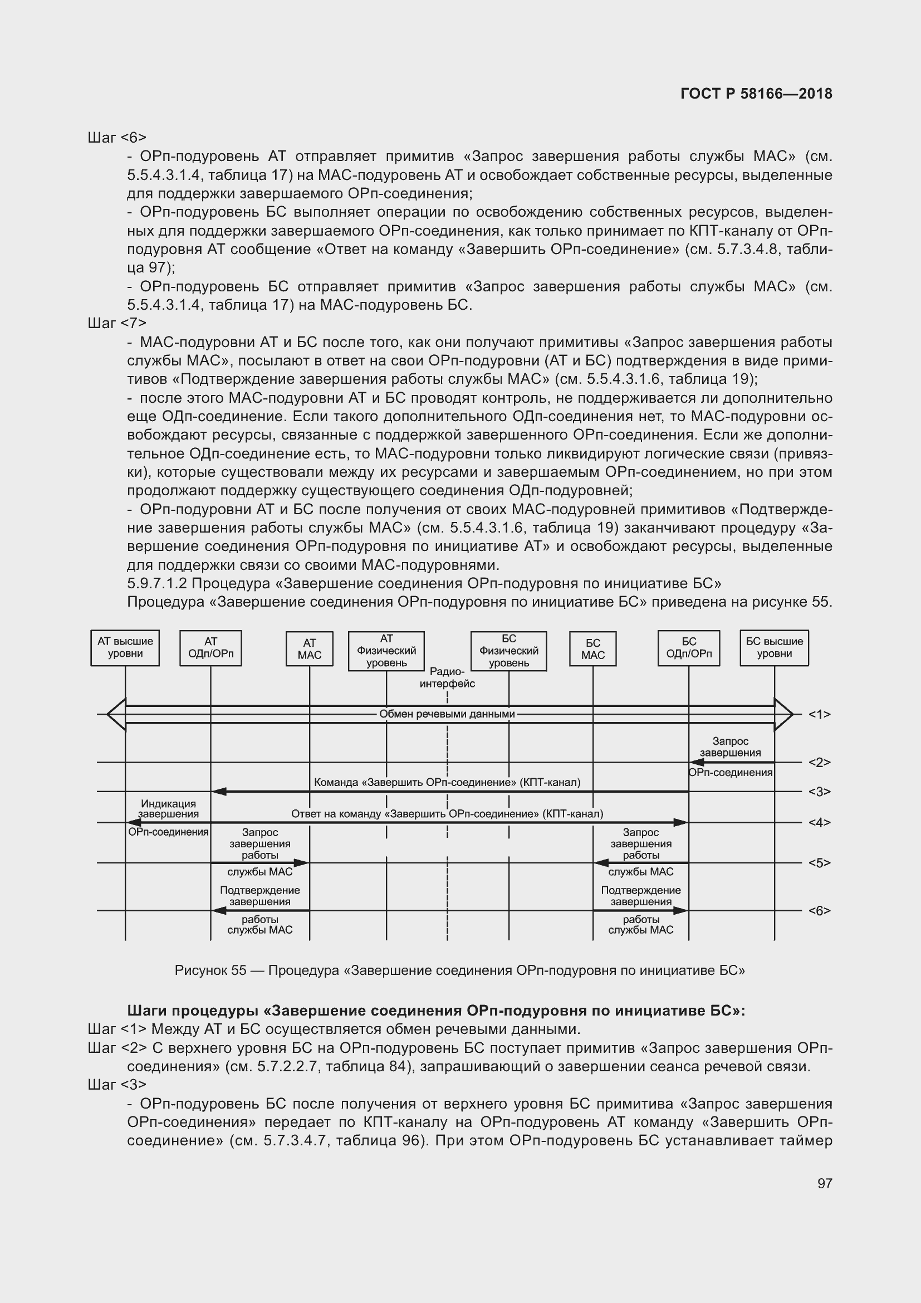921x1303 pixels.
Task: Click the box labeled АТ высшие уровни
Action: point(125,647)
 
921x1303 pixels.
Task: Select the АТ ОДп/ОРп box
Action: point(210,647)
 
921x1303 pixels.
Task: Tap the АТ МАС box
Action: point(309,649)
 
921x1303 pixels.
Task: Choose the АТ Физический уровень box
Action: point(386,651)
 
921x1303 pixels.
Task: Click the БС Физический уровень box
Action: point(509,651)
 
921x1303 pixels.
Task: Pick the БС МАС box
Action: point(592,649)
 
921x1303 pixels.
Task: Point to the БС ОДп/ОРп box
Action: point(688,647)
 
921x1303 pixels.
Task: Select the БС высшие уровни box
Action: point(774,647)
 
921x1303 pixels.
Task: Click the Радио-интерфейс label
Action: point(447,678)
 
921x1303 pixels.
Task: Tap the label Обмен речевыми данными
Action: point(447,714)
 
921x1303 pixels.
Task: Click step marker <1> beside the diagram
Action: point(819,715)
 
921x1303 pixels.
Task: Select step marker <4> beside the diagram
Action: point(819,822)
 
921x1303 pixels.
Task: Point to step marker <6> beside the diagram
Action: point(819,911)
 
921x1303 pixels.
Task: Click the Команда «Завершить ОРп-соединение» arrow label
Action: point(447,783)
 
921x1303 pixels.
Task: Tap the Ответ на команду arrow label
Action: point(447,814)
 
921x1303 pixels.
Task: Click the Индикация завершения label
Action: point(168,809)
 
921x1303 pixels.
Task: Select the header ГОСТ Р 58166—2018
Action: point(756,94)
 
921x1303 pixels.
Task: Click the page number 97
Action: point(825,1183)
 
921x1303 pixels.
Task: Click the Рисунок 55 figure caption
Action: point(459,970)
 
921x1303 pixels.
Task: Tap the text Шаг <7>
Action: point(117,323)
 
